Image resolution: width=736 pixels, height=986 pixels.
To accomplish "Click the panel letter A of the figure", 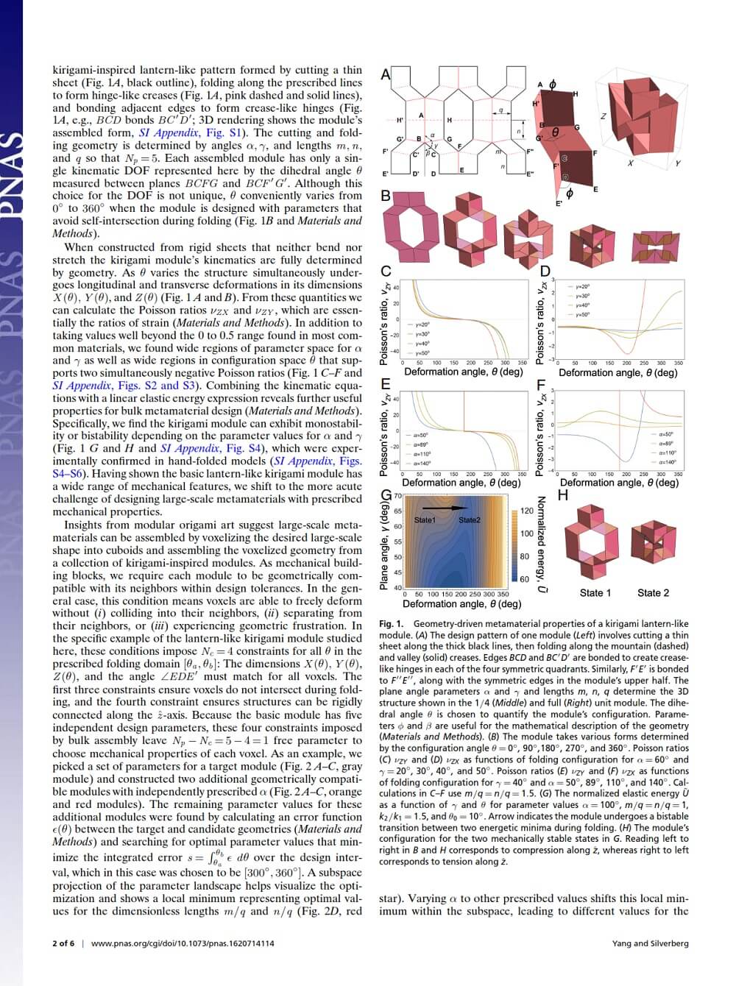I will tap(385, 74).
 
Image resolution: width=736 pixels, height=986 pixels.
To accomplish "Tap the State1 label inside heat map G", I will tap(425, 520).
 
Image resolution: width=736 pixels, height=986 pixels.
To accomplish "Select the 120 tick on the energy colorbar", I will tap(527, 511).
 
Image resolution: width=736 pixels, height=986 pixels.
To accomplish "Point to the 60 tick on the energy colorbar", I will tap(524, 579).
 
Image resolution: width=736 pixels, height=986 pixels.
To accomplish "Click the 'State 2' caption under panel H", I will tap(653, 593).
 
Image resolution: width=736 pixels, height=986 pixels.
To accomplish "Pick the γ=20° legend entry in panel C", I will tap(422, 324).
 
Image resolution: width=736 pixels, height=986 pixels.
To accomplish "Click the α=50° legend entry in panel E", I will tap(420, 436).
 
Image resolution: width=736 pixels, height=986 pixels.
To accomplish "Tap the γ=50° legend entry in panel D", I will tap(583, 314).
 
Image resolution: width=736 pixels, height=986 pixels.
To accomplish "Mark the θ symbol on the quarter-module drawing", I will tap(557, 132).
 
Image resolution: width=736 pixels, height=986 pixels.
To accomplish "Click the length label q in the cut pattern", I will tap(500, 111).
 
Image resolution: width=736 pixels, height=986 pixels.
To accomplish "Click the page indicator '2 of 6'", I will tap(64, 943).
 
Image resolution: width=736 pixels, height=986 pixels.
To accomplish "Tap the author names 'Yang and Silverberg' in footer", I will tap(650, 943).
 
